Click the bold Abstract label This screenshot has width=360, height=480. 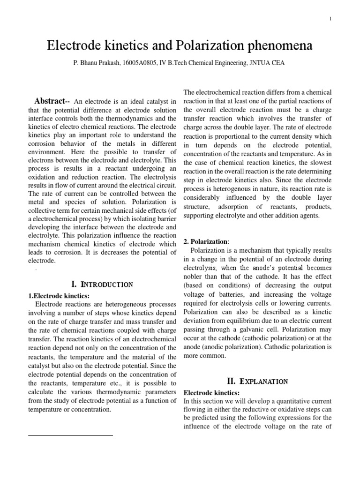[x=52, y=102]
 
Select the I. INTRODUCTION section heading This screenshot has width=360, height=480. [x=102, y=284]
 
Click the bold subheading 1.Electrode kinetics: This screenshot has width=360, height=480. [x=59, y=295]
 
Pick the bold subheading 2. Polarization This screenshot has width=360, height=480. [x=206, y=241]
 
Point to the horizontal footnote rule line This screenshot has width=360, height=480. [x=70, y=435]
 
